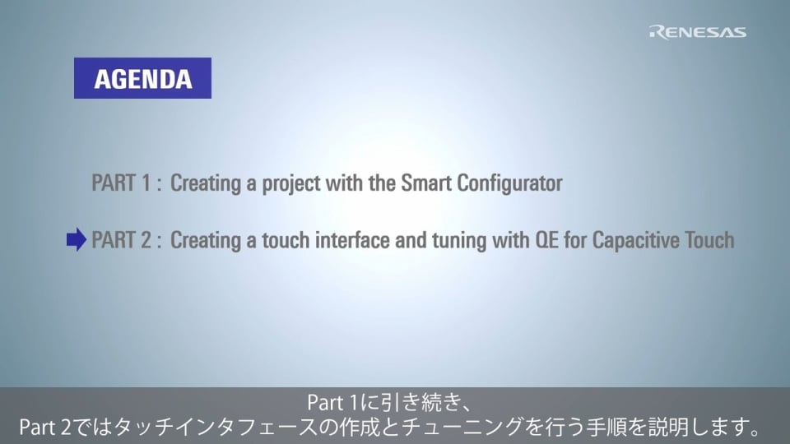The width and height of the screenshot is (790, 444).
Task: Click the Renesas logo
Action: pyautogui.click(x=698, y=32)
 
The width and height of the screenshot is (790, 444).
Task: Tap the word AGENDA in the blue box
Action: pyautogui.click(x=143, y=79)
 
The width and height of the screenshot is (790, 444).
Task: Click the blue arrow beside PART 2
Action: pyautogui.click(x=77, y=239)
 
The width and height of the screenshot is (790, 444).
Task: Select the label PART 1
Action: pyautogui.click(x=121, y=183)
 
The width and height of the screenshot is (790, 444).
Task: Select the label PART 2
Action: pyautogui.click(x=122, y=239)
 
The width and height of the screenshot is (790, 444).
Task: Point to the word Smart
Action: pyautogui.click(x=425, y=183)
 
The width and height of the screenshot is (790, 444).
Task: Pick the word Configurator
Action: pyautogui.click(x=509, y=184)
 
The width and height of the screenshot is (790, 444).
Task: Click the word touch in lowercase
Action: pyautogui.click(x=286, y=239)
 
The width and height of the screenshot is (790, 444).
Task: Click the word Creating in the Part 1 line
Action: pyautogui.click(x=206, y=184)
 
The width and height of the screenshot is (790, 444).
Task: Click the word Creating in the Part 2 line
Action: pyautogui.click(x=206, y=241)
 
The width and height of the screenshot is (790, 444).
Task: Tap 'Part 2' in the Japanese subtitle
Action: pyautogui.click(x=45, y=428)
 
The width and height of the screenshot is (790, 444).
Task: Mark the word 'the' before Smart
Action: pyautogui.click(x=382, y=183)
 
